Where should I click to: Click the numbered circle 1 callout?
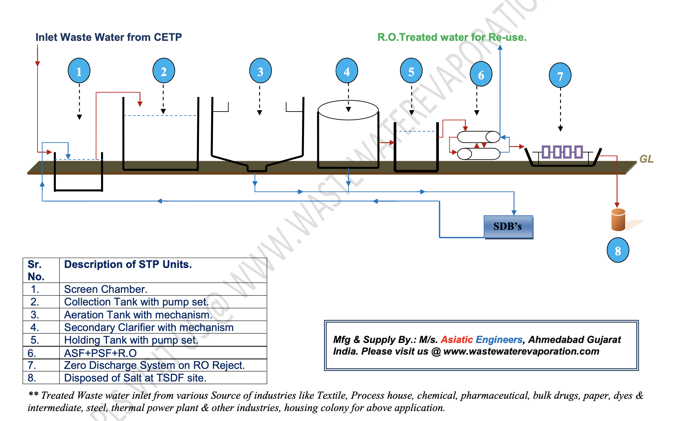[79, 71]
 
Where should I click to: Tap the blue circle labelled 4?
[347, 71]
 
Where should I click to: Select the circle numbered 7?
[560, 76]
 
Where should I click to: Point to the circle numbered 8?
[618, 250]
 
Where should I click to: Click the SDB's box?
[508, 227]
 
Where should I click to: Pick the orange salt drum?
[618, 220]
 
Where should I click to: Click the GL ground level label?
[646, 159]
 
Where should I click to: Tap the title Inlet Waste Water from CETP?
[109, 37]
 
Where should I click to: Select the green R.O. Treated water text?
[452, 37]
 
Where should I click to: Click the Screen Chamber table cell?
[106, 289]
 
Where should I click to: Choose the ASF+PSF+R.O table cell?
[100, 353]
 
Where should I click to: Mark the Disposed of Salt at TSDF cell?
[135, 378]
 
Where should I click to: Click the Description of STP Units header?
[128, 264]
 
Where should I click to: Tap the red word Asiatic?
[457, 340]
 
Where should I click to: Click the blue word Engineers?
[499, 340]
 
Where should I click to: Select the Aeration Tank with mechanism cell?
[138, 314]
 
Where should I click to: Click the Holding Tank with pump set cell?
[131, 340]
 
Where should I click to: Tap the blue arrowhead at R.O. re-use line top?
[500, 47]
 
